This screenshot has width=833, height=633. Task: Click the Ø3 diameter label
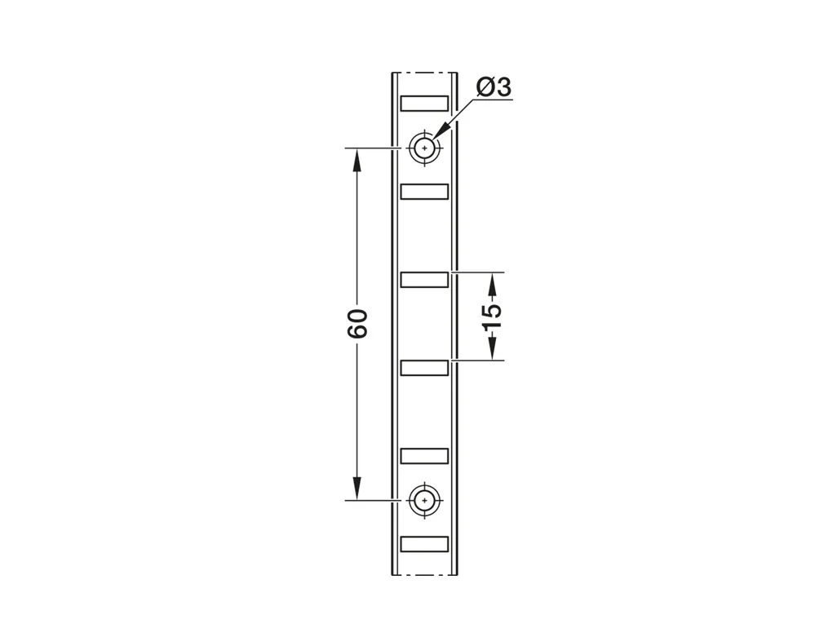coord(494,87)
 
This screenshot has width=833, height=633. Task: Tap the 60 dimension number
coord(357,323)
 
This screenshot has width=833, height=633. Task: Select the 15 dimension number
coord(493,316)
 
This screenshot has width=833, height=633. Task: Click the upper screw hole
coord(424,148)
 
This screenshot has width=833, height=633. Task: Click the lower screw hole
coord(424,500)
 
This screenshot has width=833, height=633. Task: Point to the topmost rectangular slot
coord(424,103)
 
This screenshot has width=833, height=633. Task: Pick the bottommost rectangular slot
coord(424,544)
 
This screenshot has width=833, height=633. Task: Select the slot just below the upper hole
coord(424,191)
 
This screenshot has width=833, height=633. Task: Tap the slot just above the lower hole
coord(424,456)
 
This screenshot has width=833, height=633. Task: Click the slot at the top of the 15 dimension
coord(424,279)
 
